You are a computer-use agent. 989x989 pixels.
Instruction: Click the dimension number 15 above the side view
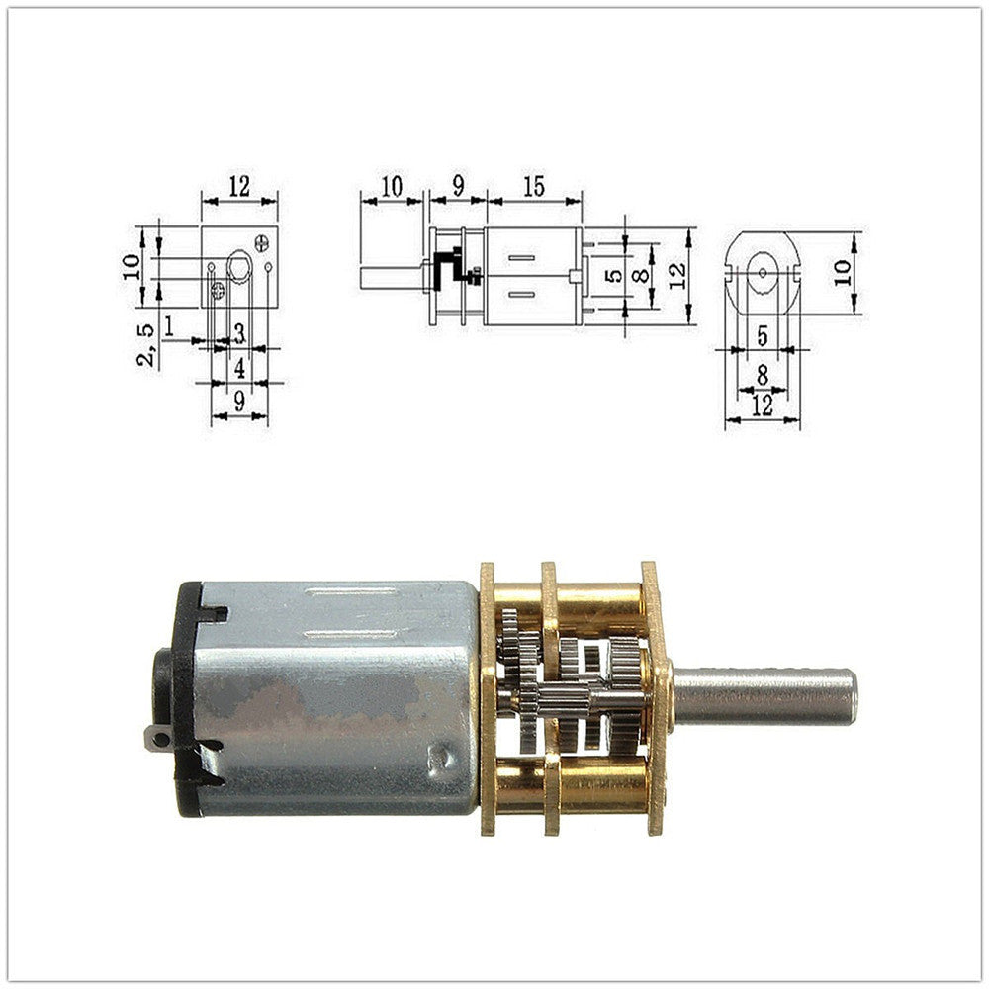[x=534, y=187]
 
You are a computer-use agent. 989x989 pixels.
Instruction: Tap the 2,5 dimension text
[x=145, y=345]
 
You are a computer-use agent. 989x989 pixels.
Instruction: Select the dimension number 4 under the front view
[x=239, y=368]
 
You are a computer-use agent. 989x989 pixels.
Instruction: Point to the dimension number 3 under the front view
[x=239, y=333]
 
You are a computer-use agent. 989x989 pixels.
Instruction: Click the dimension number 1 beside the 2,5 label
[x=168, y=326]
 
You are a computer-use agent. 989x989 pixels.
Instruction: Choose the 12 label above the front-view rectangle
[x=239, y=186]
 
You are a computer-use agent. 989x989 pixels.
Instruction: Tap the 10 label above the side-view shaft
[x=392, y=187]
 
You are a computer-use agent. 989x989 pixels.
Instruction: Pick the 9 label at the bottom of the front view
[x=239, y=402]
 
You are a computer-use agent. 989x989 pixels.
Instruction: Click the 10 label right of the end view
[x=842, y=273]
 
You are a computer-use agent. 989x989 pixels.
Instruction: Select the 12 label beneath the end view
[x=763, y=405]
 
